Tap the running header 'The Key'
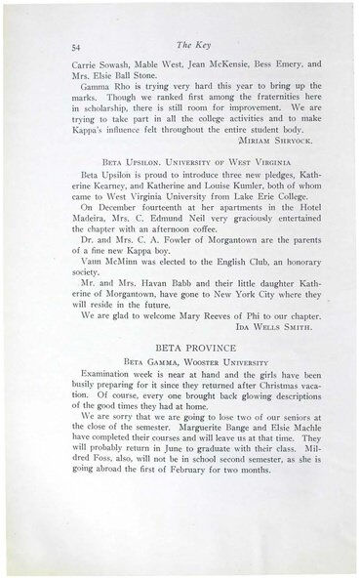click(x=180, y=45)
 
